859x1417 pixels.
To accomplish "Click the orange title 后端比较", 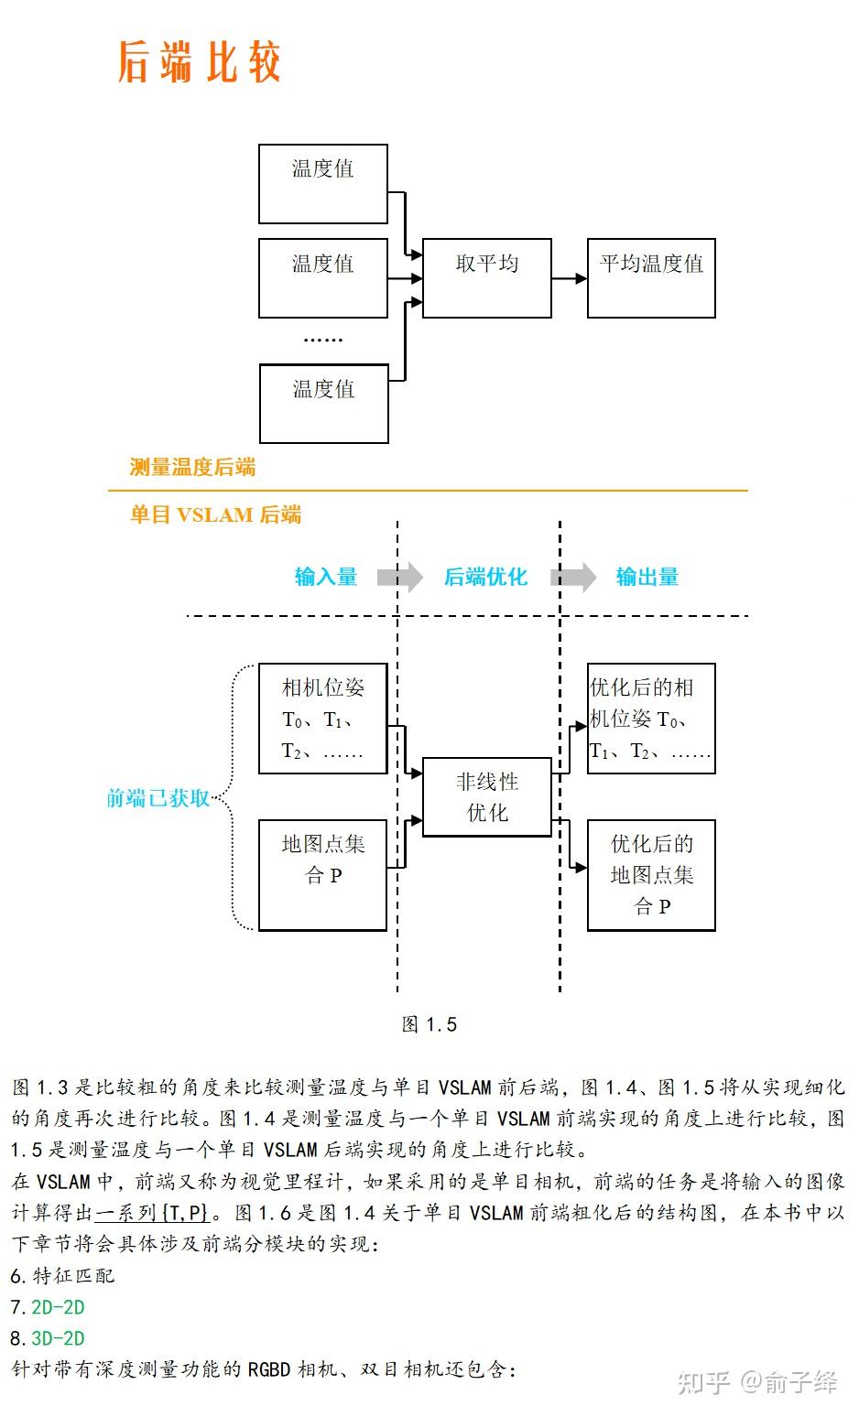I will (199, 62).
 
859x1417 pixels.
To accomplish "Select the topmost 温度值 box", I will (322, 183).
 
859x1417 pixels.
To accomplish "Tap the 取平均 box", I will (486, 277).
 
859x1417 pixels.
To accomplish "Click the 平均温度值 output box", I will (650, 277).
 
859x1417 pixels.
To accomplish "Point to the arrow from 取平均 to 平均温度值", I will (569, 278).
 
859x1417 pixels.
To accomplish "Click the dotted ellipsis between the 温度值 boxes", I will (322, 340).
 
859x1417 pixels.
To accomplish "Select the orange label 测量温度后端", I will (192, 467).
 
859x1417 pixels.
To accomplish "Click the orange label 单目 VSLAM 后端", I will (215, 514).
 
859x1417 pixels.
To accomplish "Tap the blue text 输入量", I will (325, 577).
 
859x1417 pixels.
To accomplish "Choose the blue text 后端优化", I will (485, 577).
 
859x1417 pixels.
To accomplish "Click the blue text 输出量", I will (647, 577).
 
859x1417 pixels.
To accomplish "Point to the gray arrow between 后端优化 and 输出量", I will (574, 577).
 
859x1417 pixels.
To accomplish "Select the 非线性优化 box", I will (486, 796).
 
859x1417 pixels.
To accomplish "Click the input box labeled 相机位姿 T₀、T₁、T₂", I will (322, 719).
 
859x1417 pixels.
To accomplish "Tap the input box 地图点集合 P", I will (322, 874).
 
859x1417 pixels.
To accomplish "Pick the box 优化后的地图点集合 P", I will (650, 874).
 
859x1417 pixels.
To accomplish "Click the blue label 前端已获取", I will (158, 798).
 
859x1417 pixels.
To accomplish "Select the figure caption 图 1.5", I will (429, 1024).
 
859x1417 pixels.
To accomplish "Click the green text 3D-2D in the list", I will (58, 1338).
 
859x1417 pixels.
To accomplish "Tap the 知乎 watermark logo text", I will (703, 1382).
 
